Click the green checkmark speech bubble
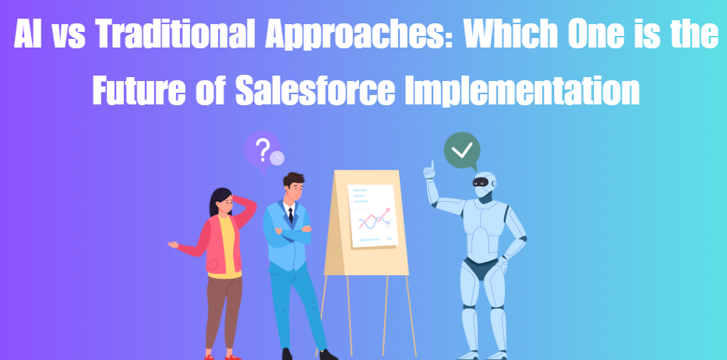pyautogui.click(x=461, y=150)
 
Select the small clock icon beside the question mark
pyautogui.click(x=277, y=158)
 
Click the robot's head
pyautogui.click(x=485, y=184)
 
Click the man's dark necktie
pyautogui.click(x=290, y=216)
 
